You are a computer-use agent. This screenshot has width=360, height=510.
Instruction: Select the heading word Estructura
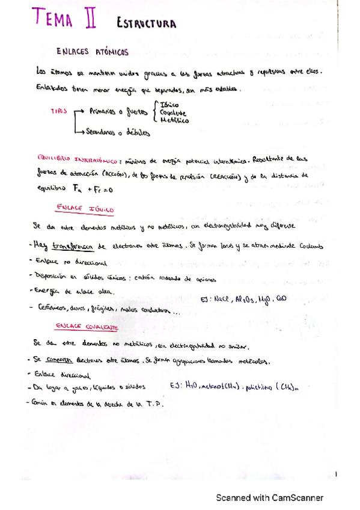coord(147,23)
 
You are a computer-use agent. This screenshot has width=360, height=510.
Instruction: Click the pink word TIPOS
coord(59,112)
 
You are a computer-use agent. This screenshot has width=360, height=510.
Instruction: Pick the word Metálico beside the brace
coord(174,120)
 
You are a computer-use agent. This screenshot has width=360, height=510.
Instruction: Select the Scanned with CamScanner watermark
coord(269,497)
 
